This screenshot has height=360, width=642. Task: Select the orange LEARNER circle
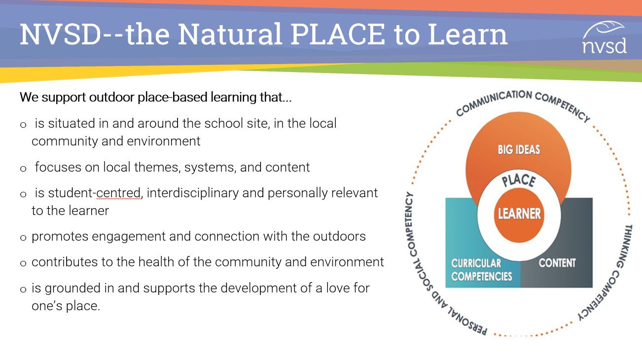coord(519,214)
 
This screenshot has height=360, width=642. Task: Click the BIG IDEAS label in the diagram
coord(519,149)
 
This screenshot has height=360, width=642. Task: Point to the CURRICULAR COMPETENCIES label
coord(482,270)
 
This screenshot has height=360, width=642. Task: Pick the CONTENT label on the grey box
coord(557,263)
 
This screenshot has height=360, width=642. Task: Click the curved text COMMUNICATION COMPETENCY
coord(522,101)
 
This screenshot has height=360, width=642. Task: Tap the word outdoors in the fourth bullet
coord(339,236)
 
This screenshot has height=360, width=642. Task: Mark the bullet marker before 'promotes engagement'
coord(23,238)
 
